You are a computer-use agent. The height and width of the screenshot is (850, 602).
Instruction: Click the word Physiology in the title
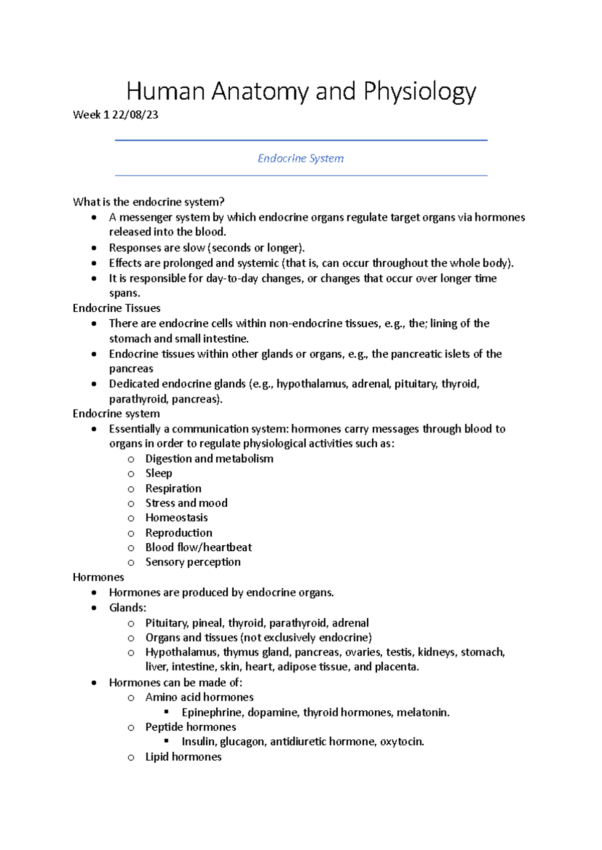(419, 92)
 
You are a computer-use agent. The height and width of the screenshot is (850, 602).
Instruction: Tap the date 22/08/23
(135, 115)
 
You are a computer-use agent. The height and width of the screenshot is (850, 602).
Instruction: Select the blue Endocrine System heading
(300, 158)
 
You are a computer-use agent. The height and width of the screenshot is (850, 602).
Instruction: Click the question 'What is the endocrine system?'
(148, 202)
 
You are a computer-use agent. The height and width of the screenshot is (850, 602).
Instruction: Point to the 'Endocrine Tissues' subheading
(116, 308)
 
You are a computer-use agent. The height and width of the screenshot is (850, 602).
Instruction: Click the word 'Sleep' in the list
(159, 473)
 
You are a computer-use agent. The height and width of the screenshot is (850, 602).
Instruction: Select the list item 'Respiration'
(173, 488)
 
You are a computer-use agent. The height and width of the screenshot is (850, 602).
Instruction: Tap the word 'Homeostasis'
(176, 518)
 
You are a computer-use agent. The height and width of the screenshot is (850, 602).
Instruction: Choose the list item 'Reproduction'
(179, 533)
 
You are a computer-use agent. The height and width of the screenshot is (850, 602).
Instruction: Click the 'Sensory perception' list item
(193, 562)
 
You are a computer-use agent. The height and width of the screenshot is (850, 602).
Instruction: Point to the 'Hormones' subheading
(98, 577)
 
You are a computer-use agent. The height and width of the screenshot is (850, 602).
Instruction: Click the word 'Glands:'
(127, 608)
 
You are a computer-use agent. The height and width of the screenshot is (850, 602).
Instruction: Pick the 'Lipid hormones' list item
(183, 757)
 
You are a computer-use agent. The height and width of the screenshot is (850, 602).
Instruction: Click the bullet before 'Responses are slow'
(94, 248)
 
